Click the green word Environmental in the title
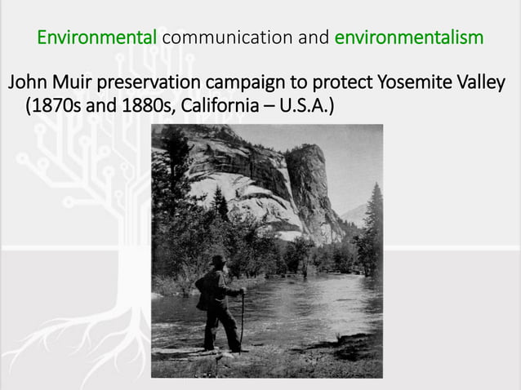(97, 38)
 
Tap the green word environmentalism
(408, 38)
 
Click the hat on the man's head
(216, 260)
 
